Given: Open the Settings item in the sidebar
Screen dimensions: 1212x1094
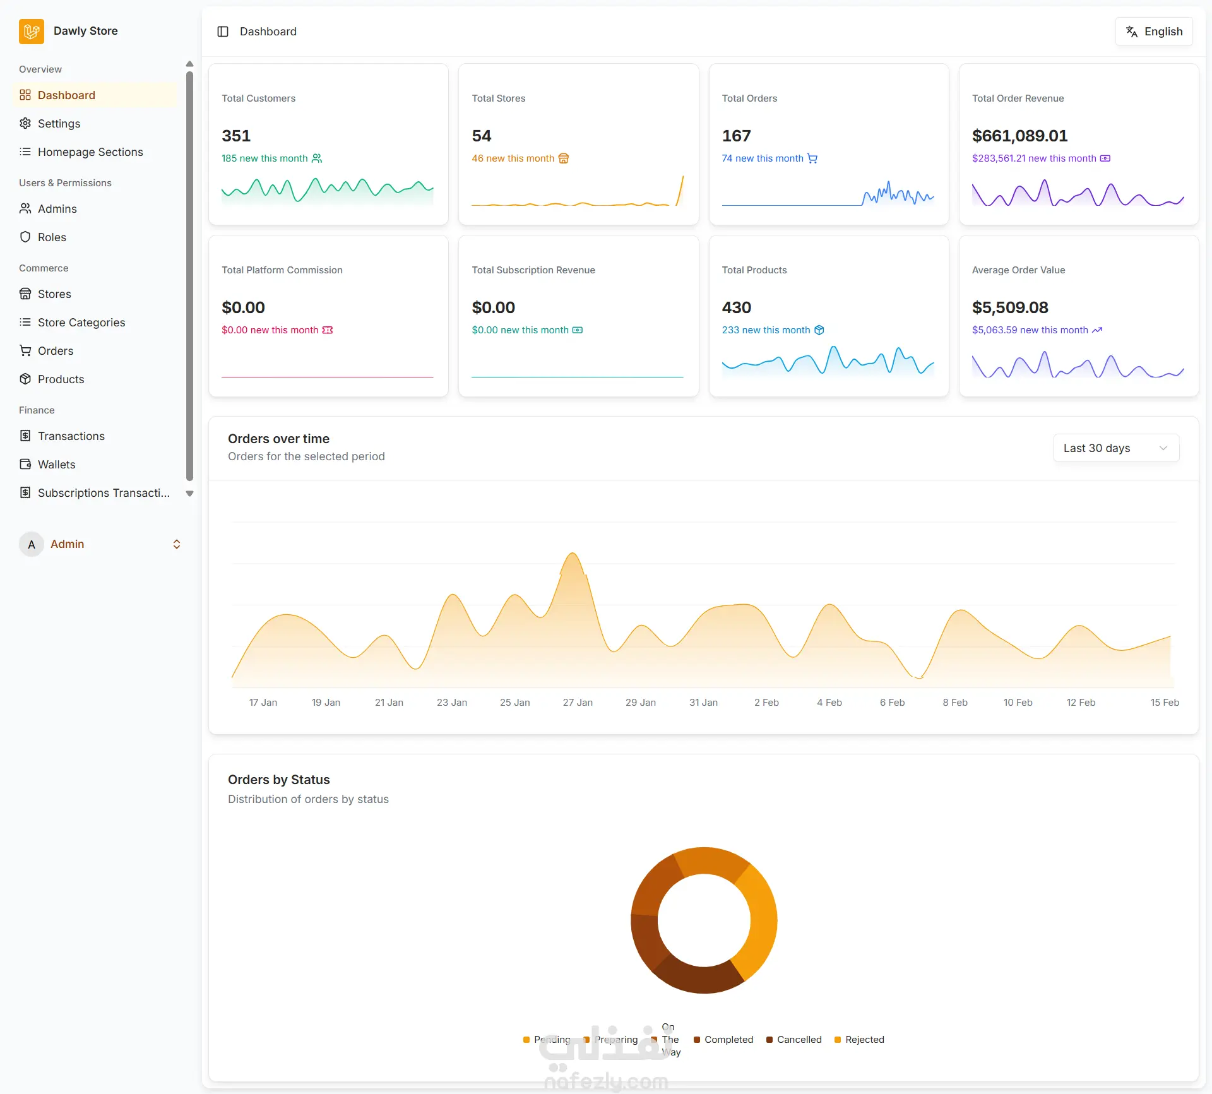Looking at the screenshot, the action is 59,124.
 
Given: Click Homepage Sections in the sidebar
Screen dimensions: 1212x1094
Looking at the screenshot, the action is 90,152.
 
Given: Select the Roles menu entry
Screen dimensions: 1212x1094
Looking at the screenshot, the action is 52,237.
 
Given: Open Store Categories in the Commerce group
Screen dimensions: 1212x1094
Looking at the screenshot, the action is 81,323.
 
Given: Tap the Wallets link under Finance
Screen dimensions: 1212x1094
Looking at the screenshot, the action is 56,465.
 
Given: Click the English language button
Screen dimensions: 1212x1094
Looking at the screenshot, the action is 1154,32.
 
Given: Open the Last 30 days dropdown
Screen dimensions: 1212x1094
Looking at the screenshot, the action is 1116,448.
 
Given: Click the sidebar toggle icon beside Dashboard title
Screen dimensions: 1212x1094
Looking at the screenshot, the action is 223,32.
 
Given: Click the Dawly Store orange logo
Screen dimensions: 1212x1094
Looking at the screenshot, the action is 32,32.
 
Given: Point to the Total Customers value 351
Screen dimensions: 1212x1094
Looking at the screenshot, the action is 236,136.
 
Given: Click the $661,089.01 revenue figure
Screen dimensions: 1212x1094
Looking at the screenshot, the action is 1020,136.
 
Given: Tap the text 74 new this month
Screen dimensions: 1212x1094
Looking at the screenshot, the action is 763,158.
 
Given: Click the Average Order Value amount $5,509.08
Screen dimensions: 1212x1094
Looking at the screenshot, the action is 1010,307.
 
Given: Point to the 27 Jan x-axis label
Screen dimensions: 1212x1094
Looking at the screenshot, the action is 578,703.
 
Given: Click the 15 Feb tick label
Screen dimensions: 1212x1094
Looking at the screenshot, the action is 1165,703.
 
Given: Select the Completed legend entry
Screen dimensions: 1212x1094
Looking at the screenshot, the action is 723,1040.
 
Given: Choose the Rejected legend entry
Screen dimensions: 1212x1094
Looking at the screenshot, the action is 859,1040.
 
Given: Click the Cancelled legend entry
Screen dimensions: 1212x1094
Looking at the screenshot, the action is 794,1040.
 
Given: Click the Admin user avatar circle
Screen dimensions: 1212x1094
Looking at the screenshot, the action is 32,544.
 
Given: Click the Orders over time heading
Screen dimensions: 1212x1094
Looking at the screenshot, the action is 278,439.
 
